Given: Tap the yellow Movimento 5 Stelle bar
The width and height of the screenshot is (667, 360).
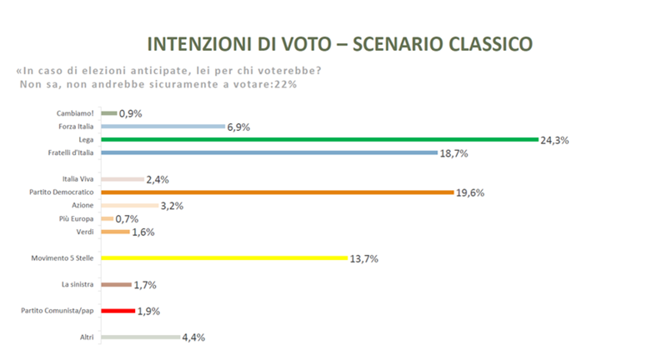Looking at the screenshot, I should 223,258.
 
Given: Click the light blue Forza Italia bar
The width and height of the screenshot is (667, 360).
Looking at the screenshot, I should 163,127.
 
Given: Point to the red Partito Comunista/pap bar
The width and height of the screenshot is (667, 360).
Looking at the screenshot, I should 118,311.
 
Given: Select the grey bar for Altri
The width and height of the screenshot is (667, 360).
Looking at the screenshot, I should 140,337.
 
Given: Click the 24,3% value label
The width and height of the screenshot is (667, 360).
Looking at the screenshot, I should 554,140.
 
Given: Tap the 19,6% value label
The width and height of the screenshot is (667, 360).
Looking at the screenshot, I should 469,192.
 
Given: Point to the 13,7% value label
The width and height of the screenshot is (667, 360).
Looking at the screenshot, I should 364,259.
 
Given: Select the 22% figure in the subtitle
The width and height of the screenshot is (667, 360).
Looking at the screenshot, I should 287,83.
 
